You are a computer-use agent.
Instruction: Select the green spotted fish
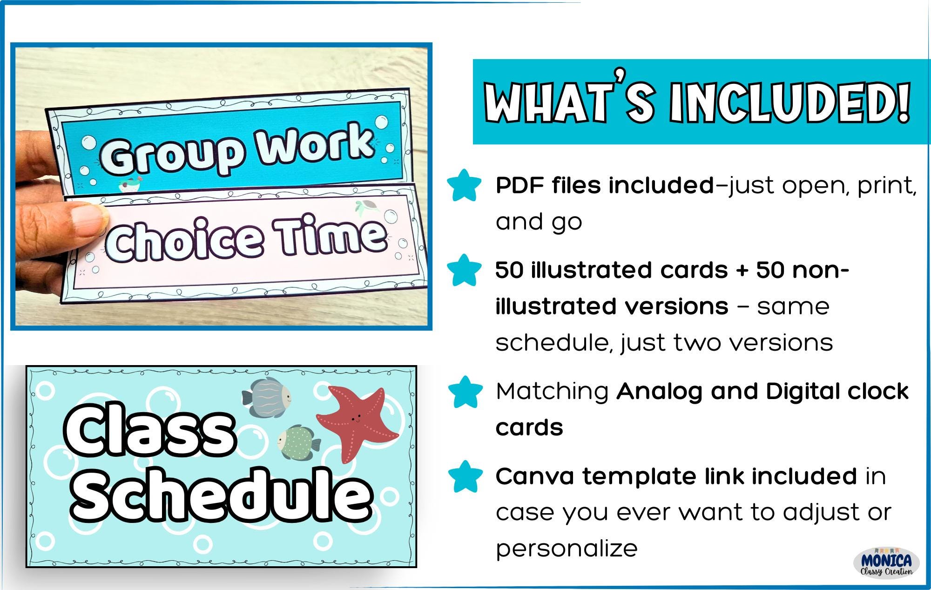click(x=298, y=443)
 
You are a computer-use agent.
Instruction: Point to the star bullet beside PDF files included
click(x=464, y=186)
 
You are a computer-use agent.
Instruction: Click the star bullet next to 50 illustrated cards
click(x=464, y=271)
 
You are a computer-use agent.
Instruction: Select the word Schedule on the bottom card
click(x=221, y=494)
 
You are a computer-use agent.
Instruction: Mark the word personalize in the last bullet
click(x=567, y=549)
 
